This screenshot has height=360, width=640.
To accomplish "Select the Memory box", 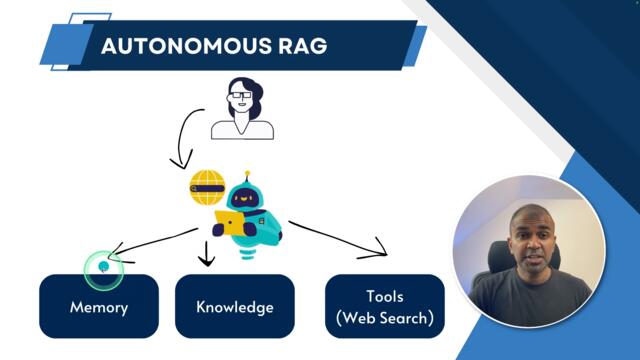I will click(99, 306).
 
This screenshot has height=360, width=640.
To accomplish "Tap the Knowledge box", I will click(235, 306).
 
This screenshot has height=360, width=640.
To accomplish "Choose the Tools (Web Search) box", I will click(385, 307).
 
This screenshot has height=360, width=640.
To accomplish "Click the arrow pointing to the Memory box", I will click(150, 241).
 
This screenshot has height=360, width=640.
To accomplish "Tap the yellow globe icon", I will click(206, 186).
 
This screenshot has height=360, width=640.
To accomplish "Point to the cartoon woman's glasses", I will click(241, 98).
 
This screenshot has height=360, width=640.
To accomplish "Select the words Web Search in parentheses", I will click(385, 318).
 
